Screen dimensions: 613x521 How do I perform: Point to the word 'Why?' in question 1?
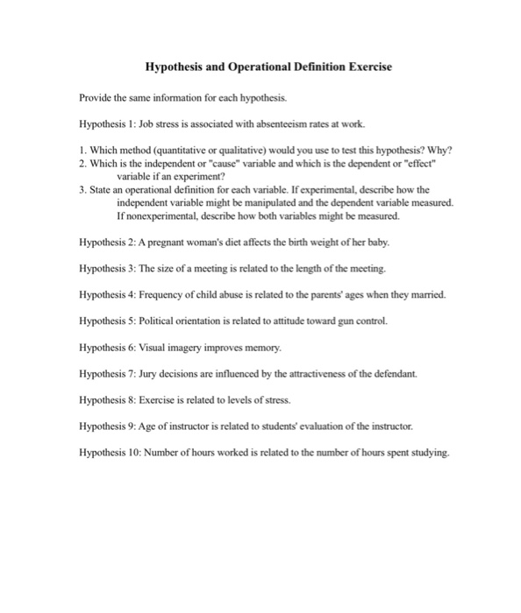tap(438, 148)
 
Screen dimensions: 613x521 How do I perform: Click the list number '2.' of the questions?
tap(83, 162)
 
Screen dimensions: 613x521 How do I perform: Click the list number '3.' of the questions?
tap(83, 188)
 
